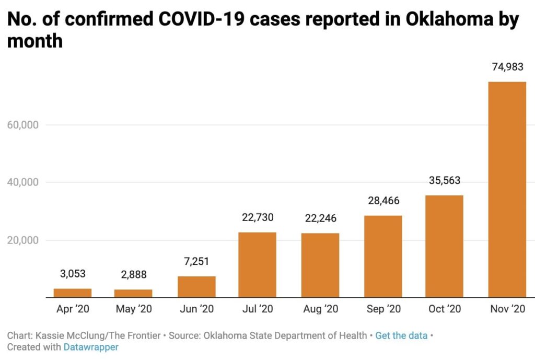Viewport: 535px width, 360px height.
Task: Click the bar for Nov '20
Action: coord(507,189)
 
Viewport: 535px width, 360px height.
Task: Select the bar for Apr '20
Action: coord(73,293)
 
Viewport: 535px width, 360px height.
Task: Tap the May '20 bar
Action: coord(133,293)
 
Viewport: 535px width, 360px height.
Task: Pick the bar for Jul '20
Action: coord(257,264)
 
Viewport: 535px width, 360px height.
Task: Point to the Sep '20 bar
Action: coord(383,256)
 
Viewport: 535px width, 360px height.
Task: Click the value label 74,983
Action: coord(507,67)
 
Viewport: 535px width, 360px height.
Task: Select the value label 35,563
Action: coord(444,181)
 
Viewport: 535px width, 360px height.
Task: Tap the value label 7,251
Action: coord(196,261)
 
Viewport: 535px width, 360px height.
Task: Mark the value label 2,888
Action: coord(133,275)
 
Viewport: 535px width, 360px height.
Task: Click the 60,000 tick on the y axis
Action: coord(24,125)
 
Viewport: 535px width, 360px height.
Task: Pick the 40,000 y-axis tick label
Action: coord(24,182)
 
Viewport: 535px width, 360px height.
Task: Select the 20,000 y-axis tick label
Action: coord(24,240)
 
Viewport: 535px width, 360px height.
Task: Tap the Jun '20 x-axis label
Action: coord(196,309)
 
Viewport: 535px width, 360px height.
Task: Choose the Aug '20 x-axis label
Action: coord(320,309)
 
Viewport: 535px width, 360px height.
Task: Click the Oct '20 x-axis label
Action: coord(444,309)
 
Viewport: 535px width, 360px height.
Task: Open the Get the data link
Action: coord(401,335)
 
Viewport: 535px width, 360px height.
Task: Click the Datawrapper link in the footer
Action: coord(91,347)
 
